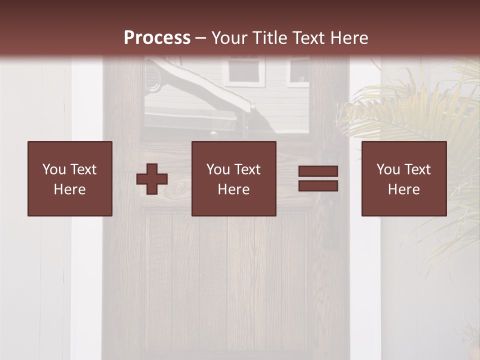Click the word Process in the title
click(x=157, y=38)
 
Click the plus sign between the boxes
click(x=152, y=179)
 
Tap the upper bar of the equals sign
click(x=318, y=171)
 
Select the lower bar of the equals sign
click(x=318, y=186)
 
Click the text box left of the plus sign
click(x=70, y=178)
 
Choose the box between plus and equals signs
click(x=234, y=178)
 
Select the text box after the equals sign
click(x=404, y=178)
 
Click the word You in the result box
click(x=388, y=169)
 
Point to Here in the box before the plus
click(x=70, y=189)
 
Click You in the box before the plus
click(x=54, y=169)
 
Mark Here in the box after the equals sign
click(x=404, y=189)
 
